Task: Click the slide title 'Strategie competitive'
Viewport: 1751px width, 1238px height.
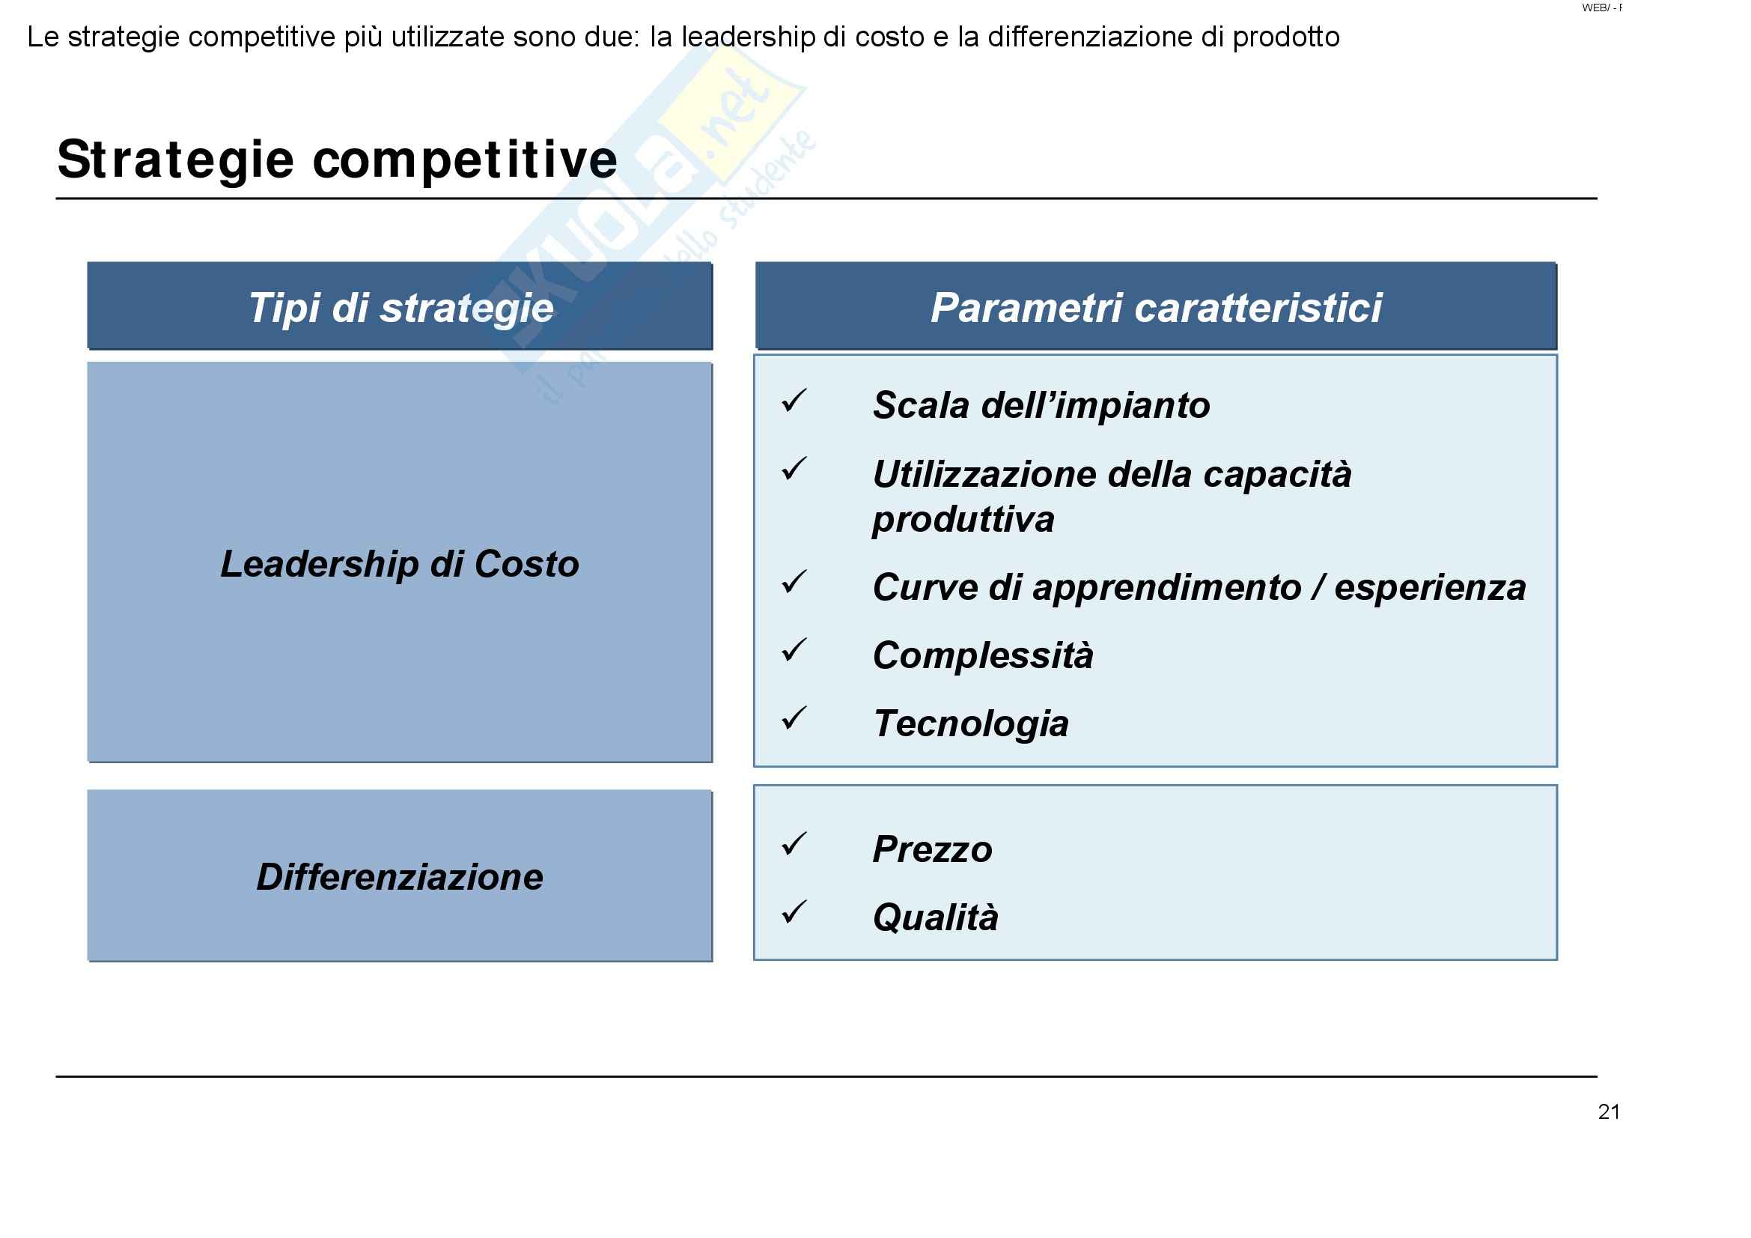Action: coord(337,160)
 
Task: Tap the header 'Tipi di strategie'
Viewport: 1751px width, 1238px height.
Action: coord(401,308)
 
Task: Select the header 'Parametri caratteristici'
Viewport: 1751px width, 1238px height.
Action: coord(1156,308)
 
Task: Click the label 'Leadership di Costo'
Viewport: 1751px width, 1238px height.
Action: coord(400,565)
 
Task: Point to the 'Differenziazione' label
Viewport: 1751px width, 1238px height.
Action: coord(400,877)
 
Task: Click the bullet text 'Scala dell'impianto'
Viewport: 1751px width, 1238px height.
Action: coord(1042,405)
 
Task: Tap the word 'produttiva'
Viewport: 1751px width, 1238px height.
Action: coord(964,521)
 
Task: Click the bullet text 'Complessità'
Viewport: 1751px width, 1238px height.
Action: coord(983,656)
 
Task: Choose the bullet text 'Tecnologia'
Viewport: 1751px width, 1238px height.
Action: coord(972,724)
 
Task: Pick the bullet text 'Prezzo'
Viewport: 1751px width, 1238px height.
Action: coord(933,850)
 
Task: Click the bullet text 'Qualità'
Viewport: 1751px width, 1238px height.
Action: coord(936,917)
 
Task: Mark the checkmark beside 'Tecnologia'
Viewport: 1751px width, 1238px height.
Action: coord(794,718)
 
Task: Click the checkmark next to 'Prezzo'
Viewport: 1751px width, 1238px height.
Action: coord(794,844)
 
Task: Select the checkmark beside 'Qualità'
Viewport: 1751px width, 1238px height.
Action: coord(794,913)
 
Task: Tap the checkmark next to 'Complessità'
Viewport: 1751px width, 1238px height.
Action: coord(794,651)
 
